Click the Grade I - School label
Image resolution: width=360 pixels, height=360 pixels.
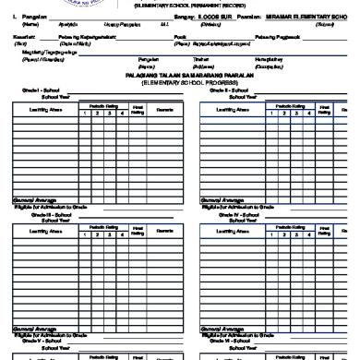coord(33,116)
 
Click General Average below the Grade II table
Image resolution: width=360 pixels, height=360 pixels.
coord(223,200)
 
